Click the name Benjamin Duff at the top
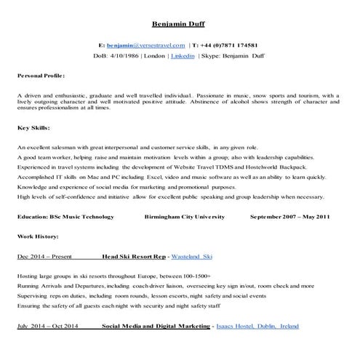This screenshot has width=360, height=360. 180,23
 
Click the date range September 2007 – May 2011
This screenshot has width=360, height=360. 289,216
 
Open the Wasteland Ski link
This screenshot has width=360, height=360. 192,257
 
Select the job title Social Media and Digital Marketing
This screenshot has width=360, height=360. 155,327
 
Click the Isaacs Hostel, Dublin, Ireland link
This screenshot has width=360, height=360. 257,327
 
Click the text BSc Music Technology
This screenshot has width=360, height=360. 79,216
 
